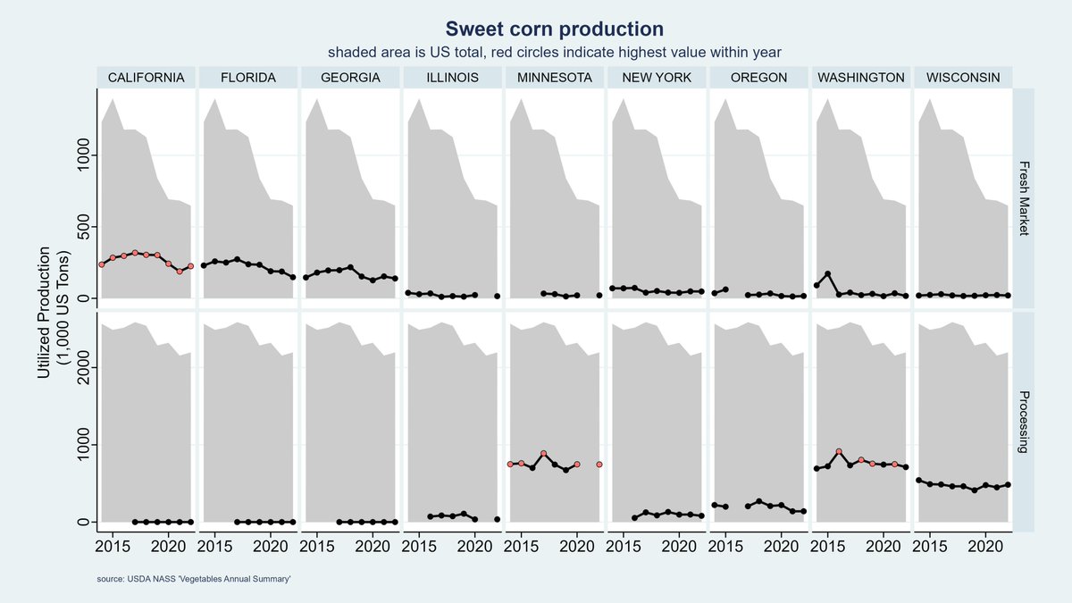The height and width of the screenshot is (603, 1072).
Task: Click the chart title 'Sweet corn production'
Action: (554, 29)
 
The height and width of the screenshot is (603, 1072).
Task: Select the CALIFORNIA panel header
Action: (146, 78)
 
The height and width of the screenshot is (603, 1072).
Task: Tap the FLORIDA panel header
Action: (248, 78)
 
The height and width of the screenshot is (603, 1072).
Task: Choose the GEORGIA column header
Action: (350, 78)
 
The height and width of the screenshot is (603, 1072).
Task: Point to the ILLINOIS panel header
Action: (452, 78)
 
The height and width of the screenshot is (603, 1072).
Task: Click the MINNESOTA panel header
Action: (554, 78)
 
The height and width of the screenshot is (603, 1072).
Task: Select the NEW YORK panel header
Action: (656, 78)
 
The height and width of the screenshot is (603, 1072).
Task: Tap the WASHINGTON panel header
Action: (860, 78)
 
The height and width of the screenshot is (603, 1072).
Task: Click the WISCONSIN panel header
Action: (962, 78)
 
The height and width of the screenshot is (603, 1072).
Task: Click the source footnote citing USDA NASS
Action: (195, 581)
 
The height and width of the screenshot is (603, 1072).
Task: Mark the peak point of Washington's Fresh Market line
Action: (828, 273)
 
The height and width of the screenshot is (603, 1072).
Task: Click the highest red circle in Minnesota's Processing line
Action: (543, 454)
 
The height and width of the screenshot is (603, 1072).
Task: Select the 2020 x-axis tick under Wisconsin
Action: (985, 544)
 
